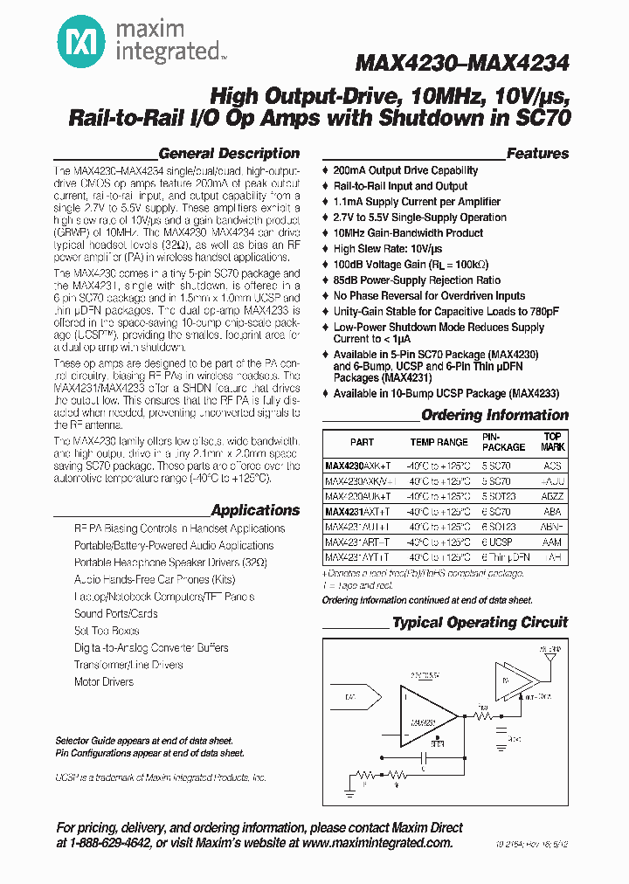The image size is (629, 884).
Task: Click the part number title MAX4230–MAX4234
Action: pyautogui.click(x=462, y=64)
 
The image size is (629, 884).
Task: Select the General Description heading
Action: pyautogui.click(x=229, y=154)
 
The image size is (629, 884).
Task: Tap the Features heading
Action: pyautogui.click(x=537, y=154)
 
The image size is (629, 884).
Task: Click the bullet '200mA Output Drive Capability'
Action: pyautogui.click(x=405, y=170)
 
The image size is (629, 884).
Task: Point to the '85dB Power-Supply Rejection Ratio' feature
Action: pyautogui.click(x=417, y=280)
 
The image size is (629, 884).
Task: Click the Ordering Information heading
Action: pyautogui.click(x=494, y=416)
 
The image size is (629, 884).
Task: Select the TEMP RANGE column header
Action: pyautogui.click(x=439, y=443)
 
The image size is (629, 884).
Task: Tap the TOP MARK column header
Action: pyautogui.click(x=552, y=442)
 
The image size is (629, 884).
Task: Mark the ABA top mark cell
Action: pyautogui.click(x=552, y=512)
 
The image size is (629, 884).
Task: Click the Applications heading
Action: pyautogui.click(x=255, y=510)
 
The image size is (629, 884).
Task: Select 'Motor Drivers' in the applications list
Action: pyautogui.click(x=104, y=681)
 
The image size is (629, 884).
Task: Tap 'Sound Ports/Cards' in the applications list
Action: pyautogui.click(x=116, y=613)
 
